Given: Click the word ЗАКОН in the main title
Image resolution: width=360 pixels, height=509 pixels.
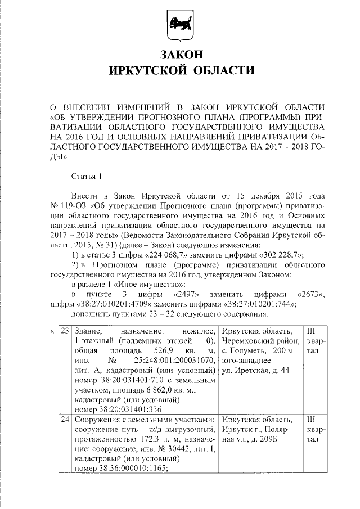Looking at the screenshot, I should click(x=180, y=56).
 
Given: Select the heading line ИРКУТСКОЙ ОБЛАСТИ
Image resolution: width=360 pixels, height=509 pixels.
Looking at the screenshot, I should click(x=180, y=71).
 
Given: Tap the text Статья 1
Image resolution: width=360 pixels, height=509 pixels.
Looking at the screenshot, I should click(x=87, y=177).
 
